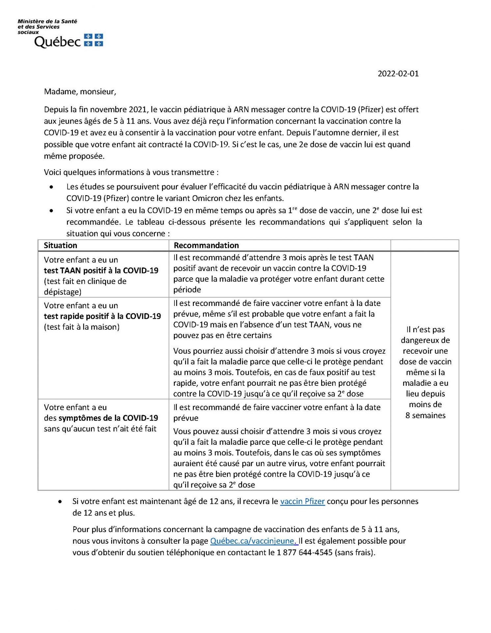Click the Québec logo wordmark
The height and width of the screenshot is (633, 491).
[x=57, y=42]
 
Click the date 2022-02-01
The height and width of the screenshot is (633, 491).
[x=398, y=74]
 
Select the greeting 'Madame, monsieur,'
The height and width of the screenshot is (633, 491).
[x=80, y=92]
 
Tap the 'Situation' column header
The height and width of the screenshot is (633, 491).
[x=60, y=245]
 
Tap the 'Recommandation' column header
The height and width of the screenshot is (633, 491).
[x=206, y=245]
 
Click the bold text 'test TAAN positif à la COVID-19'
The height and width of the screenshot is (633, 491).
[x=101, y=270]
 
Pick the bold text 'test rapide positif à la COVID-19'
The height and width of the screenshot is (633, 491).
[x=102, y=316]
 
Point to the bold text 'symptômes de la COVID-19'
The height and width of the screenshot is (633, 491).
[x=108, y=418]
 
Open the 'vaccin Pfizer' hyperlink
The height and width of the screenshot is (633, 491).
[x=302, y=501]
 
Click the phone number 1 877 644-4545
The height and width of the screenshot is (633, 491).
[x=305, y=553]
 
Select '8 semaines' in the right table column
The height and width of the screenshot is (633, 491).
[x=425, y=415]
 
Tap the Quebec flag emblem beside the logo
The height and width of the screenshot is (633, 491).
[x=94, y=40]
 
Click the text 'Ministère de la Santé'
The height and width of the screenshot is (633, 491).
[x=47, y=21]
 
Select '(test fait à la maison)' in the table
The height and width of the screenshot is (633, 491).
[x=82, y=327]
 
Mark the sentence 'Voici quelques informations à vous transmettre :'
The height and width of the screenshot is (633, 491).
[x=131, y=172]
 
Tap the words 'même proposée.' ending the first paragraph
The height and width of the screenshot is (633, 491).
[x=74, y=156]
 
